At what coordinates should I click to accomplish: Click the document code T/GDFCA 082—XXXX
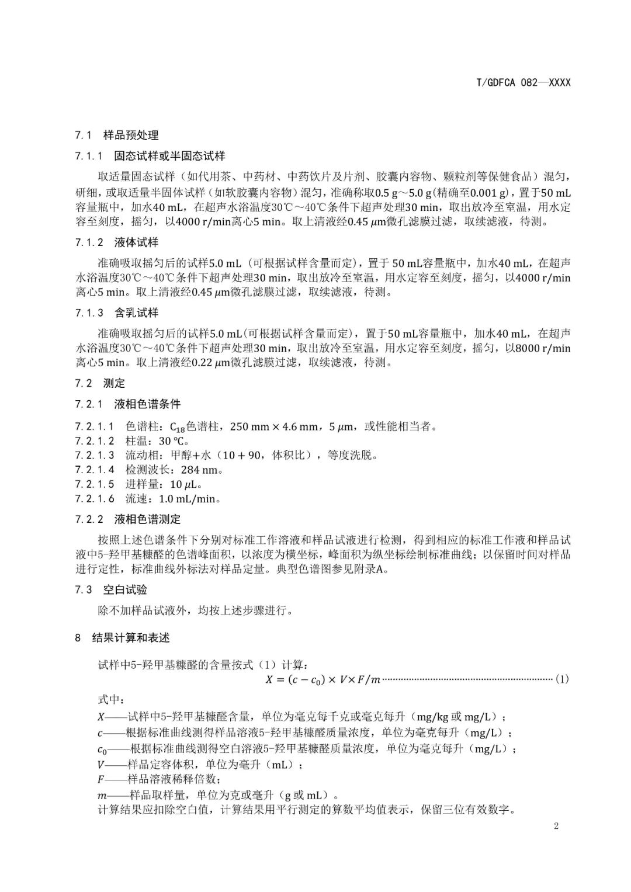[523, 82]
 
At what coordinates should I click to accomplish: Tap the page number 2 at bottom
[556, 825]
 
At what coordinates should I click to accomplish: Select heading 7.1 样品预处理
[117, 136]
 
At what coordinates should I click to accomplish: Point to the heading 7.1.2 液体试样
[117, 242]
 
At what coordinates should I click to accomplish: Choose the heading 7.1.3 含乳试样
[117, 313]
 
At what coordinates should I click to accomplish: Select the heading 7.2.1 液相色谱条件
[128, 404]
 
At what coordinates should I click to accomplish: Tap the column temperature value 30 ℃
[172, 441]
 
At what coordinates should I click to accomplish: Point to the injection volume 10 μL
[185, 484]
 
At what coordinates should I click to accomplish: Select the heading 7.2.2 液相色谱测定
[128, 519]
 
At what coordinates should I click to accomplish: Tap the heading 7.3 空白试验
[111, 589]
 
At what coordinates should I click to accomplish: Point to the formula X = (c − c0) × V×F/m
[323, 679]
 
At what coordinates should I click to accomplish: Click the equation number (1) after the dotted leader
[561, 679]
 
